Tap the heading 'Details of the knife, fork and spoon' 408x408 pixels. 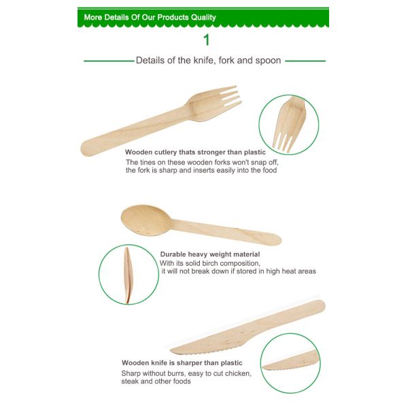tap(208, 61)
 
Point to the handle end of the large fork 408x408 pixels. tap(92, 146)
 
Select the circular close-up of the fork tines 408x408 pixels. tap(289, 124)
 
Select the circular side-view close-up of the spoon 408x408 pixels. tap(129, 275)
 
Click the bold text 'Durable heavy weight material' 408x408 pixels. tap(210, 254)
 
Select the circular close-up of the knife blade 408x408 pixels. tap(290, 362)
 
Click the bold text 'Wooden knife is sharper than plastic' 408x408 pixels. tap(182, 362)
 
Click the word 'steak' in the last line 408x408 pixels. tap(131, 381)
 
